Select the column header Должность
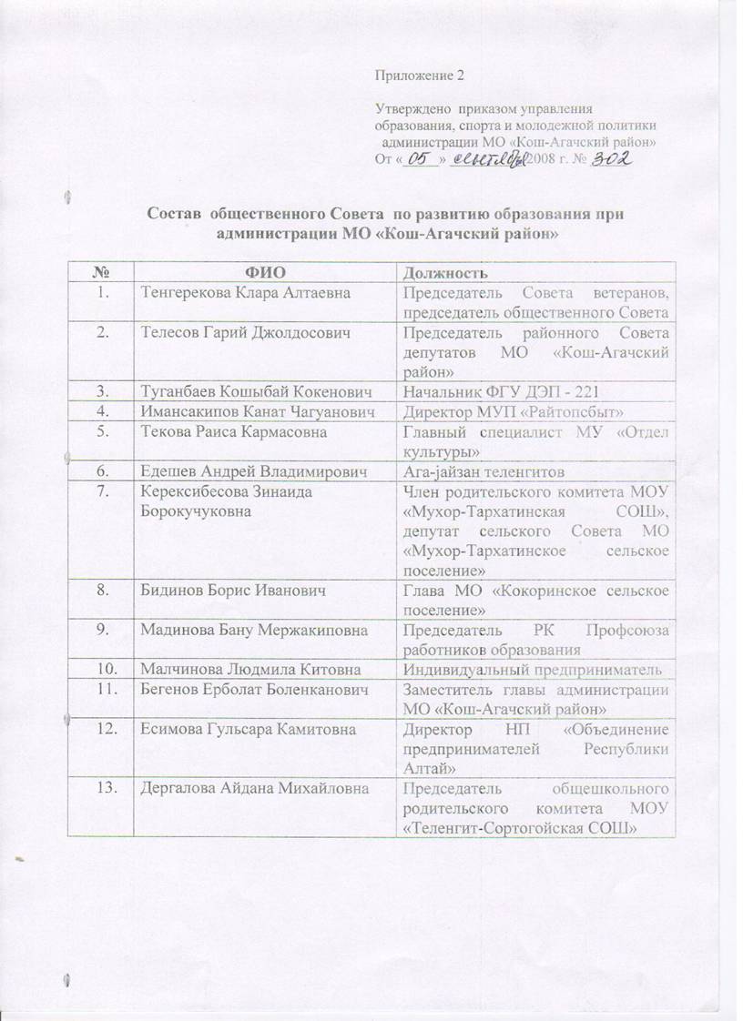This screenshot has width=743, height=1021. pyautogui.click(x=446, y=272)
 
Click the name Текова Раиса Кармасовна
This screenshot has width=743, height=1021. pyautogui.click(x=219, y=431)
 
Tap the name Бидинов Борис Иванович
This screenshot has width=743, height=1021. pyautogui.click(x=218, y=590)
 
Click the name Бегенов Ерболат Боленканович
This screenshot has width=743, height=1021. pyautogui.click(x=240, y=689)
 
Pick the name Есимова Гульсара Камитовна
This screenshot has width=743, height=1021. pyautogui.click(x=234, y=729)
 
